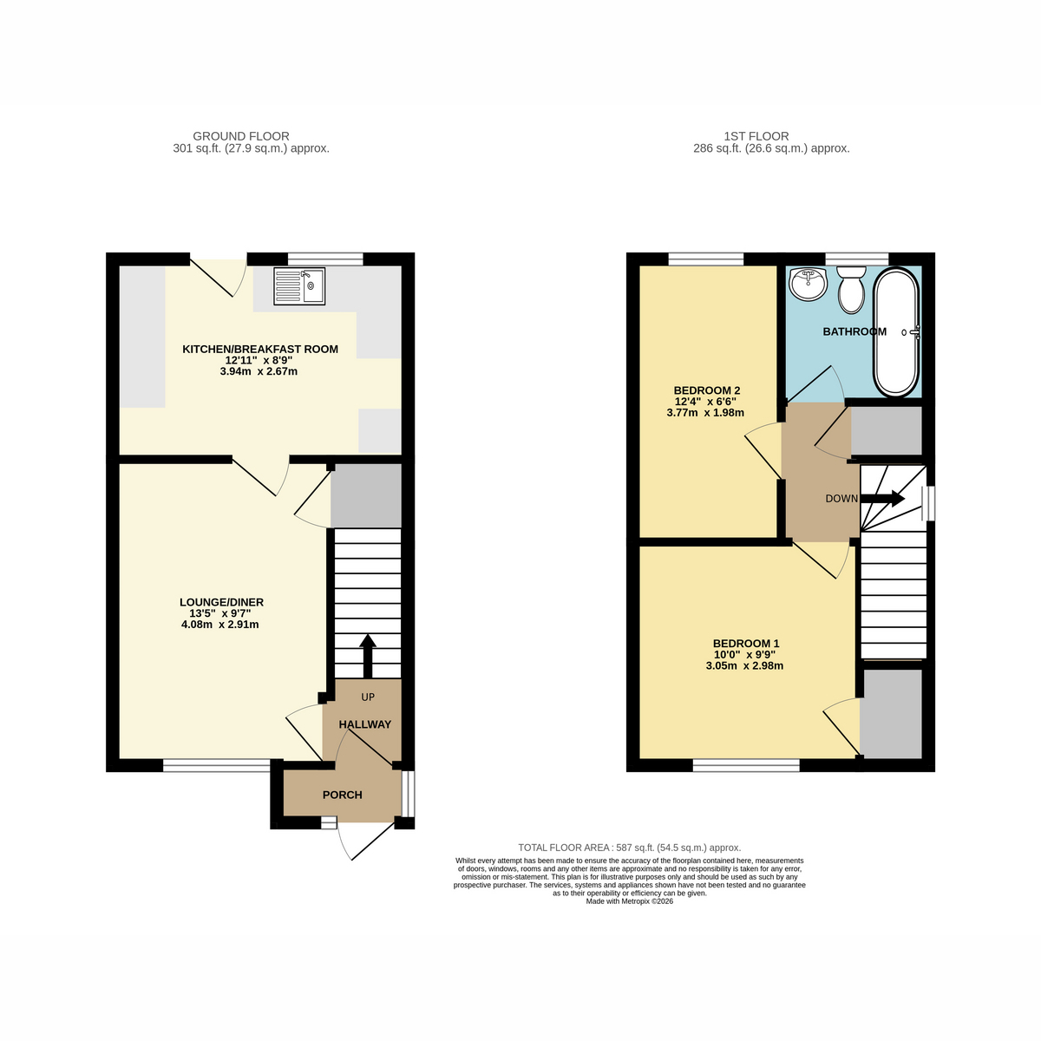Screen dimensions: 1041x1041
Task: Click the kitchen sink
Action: click(298, 285)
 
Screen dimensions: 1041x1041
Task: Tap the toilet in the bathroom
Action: click(851, 290)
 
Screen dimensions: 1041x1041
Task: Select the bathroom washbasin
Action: click(808, 285)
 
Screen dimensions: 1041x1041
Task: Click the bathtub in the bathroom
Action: click(896, 332)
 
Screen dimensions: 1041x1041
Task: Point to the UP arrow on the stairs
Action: click(367, 656)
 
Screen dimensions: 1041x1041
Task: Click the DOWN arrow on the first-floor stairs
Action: click(882, 498)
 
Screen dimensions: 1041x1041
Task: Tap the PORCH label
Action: click(342, 795)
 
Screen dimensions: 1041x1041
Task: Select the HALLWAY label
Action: click(364, 724)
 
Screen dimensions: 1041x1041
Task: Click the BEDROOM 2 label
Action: click(707, 390)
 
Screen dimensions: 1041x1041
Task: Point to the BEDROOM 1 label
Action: click(746, 644)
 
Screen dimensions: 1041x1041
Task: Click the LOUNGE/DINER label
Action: click(221, 602)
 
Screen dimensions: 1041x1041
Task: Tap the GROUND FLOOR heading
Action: click(241, 136)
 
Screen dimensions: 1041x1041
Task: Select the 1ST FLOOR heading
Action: click(756, 136)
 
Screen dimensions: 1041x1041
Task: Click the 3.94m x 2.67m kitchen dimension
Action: click(259, 371)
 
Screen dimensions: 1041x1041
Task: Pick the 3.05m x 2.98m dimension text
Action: click(744, 666)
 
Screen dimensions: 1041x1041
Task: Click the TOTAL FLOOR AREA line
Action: click(629, 848)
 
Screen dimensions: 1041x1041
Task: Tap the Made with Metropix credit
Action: click(629, 901)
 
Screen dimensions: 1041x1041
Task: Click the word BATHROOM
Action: click(854, 331)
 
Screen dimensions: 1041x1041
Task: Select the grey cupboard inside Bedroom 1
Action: click(891, 714)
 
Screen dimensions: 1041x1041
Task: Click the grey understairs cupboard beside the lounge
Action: click(366, 495)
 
